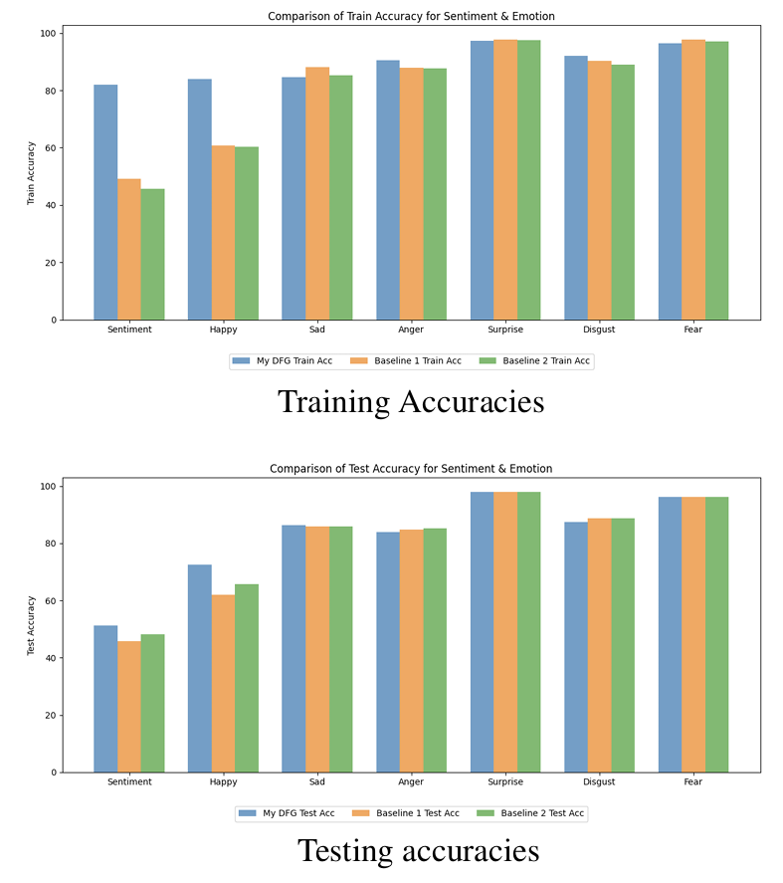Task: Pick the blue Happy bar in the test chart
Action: [199, 668]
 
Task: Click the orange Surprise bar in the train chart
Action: [504, 179]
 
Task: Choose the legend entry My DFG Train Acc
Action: [283, 361]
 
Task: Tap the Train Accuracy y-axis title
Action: [31, 175]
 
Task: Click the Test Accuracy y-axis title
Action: [31, 627]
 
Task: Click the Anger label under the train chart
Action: [411, 330]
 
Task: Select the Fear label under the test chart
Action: [692, 781]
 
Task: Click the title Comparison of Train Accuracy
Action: [410, 16]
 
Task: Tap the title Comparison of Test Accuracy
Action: [410, 468]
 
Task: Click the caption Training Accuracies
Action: [410, 401]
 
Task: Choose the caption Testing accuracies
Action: [418, 851]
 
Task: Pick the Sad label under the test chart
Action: [316, 781]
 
